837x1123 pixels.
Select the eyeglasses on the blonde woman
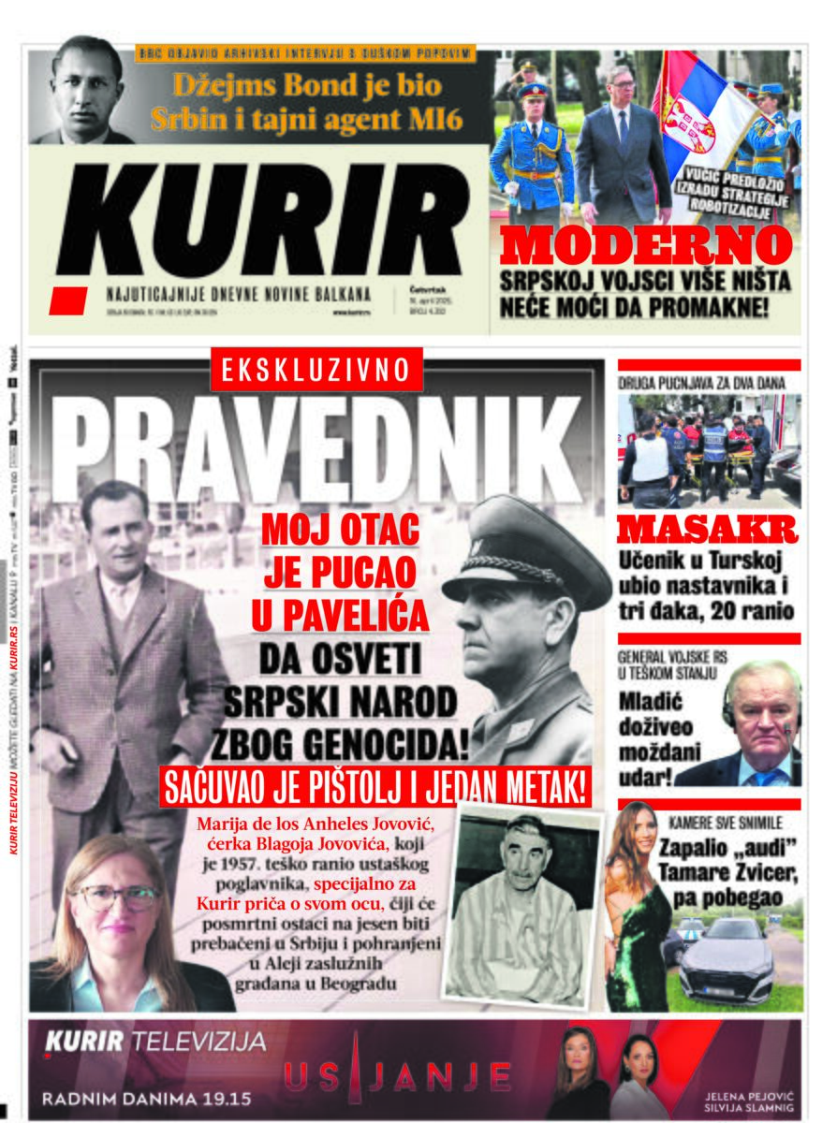pos(116,897)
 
